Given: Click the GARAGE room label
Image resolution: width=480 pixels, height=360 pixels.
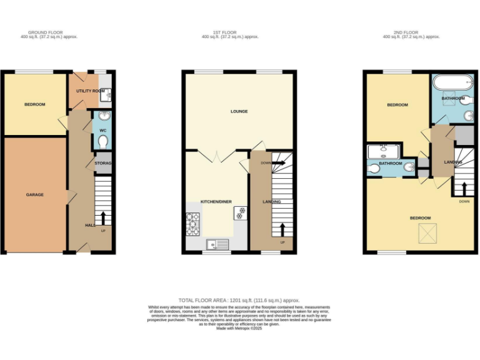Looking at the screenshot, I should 35,195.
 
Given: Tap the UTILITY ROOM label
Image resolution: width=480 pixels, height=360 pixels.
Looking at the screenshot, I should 90,91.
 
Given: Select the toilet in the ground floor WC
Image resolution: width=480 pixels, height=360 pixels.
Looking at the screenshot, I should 103,141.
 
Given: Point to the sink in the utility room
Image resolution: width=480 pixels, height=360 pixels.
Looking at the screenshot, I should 106,95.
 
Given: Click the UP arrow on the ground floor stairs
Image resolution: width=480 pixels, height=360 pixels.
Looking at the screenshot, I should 103,218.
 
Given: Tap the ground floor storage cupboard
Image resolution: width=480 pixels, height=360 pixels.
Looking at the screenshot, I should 103,164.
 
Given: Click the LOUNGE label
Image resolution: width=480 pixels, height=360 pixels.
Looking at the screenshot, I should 239,112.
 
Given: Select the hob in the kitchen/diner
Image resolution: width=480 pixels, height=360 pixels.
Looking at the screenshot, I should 193,224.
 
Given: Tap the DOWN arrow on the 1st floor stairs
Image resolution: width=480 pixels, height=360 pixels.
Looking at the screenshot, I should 277,163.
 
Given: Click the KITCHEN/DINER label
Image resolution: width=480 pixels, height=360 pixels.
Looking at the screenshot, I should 216,202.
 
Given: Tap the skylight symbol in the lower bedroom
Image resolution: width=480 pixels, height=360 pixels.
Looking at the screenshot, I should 427,234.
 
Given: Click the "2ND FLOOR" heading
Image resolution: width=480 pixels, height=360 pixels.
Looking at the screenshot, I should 411,32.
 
